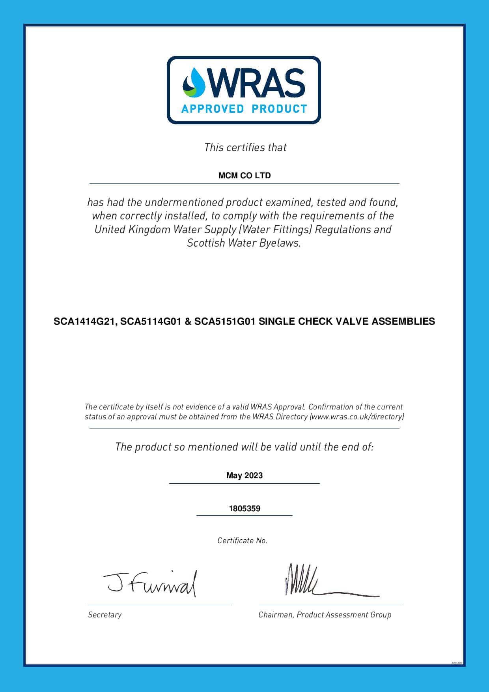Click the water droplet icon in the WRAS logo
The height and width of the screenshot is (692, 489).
(194, 82)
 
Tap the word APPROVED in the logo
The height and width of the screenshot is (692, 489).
(212, 109)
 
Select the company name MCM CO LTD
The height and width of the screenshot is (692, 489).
(244, 176)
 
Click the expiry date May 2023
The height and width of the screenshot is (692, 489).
(244, 475)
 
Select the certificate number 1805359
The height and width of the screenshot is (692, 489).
(244, 509)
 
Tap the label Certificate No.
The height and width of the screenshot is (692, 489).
(243, 541)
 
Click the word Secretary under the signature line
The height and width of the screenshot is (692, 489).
(105, 615)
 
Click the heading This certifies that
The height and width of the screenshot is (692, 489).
(245, 148)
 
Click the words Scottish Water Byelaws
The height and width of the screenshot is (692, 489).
(244, 243)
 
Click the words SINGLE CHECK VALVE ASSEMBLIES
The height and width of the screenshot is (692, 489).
(347, 322)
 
